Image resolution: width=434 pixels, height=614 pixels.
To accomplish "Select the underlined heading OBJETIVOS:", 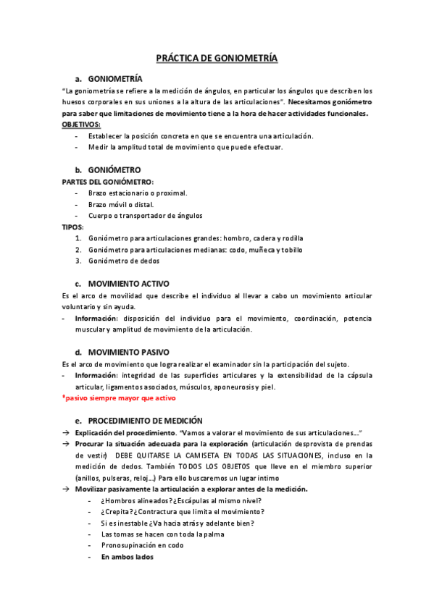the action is (81, 125).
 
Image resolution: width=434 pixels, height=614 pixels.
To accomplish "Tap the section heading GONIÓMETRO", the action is (114, 170).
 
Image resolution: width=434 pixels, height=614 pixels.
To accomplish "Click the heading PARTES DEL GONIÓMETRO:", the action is (107, 182).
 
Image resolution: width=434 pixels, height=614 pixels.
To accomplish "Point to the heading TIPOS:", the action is (72, 227).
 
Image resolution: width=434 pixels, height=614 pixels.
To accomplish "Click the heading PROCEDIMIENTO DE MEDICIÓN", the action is (145, 420).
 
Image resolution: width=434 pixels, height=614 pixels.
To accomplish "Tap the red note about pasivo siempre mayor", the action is (119, 398).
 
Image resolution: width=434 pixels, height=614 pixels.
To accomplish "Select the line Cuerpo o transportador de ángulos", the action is (145, 215).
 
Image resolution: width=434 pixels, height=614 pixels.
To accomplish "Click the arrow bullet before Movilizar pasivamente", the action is (65, 489).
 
